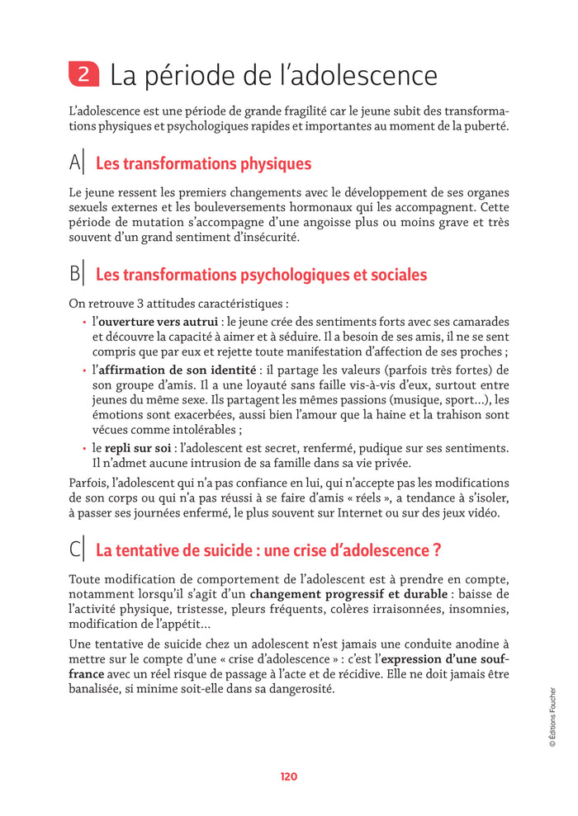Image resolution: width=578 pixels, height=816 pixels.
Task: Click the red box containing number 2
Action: (x=83, y=76)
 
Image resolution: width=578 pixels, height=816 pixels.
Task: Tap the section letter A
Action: (x=75, y=163)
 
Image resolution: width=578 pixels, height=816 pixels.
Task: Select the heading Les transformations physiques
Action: (x=203, y=164)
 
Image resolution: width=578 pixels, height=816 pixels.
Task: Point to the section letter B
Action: (x=75, y=273)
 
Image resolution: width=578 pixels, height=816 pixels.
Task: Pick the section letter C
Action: (x=75, y=549)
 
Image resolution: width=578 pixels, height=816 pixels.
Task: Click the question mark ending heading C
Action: (x=424, y=550)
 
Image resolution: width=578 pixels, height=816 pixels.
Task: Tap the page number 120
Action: (x=288, y=776)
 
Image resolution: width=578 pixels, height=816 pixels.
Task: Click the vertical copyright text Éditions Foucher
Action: (x=552, y=717)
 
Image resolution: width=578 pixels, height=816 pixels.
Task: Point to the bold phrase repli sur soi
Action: (x=139, y=448)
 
